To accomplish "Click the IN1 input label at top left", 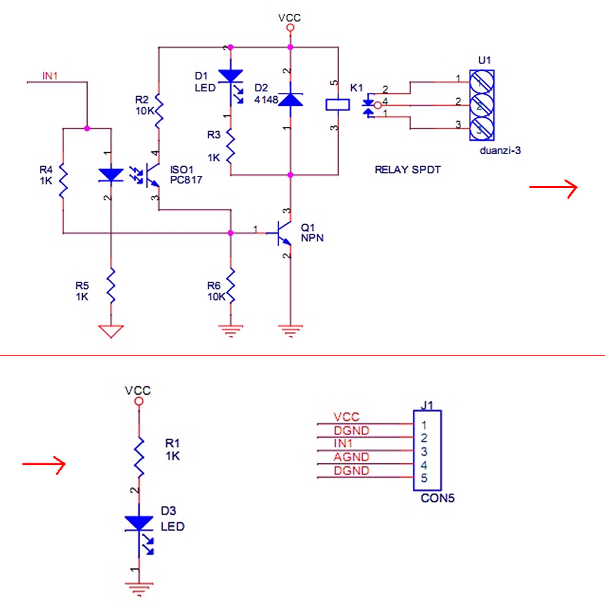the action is coord(50,76).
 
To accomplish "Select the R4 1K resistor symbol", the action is coord(63,181).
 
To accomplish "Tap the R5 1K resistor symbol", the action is coord(111,285).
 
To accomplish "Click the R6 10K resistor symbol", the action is coord(231,285).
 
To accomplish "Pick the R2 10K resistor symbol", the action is coord(158,110).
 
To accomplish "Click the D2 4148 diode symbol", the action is coord(290,100).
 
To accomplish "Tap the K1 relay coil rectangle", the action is coord(338,105).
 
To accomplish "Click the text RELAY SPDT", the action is coord(407,170).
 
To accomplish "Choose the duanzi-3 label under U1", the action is coord(500,150).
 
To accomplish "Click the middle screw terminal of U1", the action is coord(482,105).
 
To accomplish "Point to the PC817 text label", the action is coord(186,180).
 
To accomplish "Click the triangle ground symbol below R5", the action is coord(111,331).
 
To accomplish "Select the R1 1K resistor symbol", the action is coord(139,457).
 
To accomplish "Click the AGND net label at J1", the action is coord(351,457).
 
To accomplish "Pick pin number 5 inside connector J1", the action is coord(424,478).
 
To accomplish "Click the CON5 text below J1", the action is coord(438,498).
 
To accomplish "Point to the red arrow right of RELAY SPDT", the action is coord(553,188).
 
